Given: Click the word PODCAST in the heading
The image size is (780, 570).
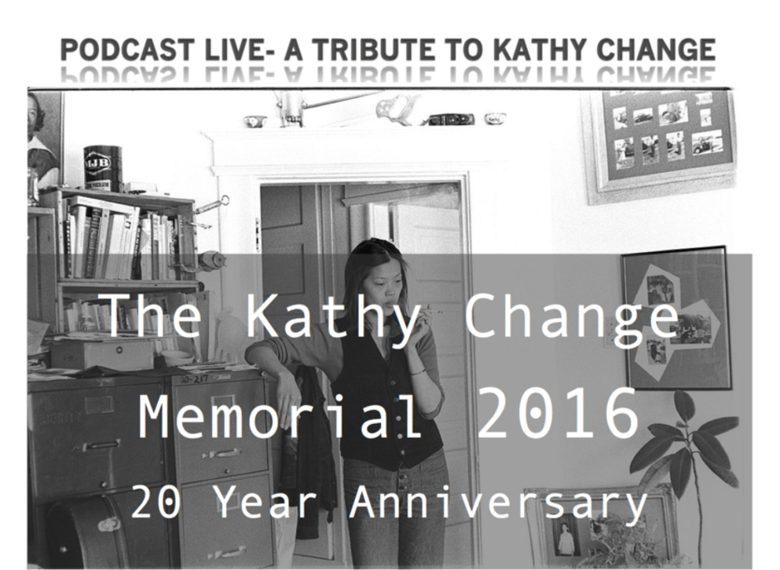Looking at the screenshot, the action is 126,49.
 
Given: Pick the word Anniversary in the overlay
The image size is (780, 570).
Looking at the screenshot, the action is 499,502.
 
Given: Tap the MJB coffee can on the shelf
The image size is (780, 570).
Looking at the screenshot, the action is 102,168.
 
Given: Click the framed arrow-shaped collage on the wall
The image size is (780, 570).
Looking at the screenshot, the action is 676,318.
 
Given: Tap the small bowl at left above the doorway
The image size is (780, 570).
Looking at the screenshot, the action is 255,121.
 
